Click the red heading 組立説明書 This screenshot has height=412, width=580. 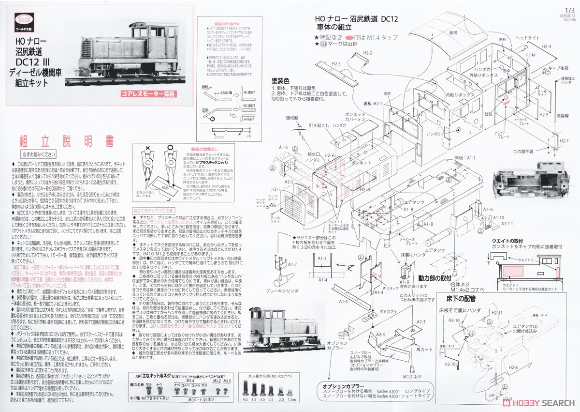pyautogui.click(x=67, y=141)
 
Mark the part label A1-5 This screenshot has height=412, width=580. pyautogui.click(x=283, y=147)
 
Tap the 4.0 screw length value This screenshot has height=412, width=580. pyautogui.click(x=245, y=400)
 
